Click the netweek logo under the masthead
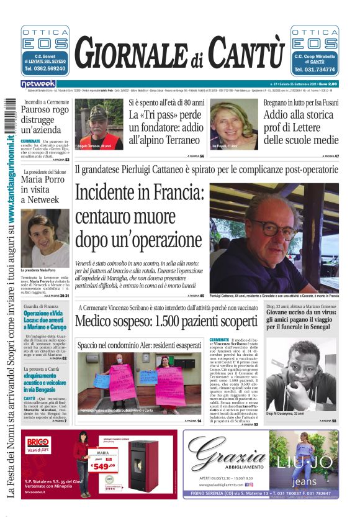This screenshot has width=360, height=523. tap(38, 83)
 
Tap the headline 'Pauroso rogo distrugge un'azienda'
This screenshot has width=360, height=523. tap(44, 121)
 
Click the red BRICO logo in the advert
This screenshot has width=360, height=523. tap(37, 444)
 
